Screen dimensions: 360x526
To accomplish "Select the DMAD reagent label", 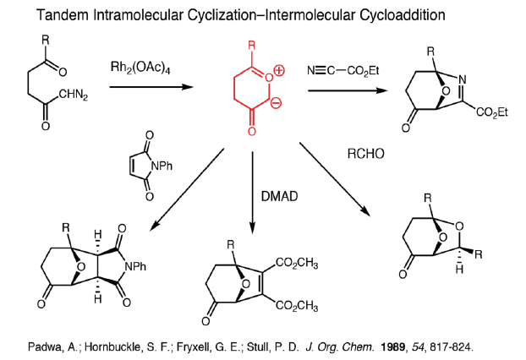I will tap(277, 196).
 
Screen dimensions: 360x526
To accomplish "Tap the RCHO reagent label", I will tap(366, 155).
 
